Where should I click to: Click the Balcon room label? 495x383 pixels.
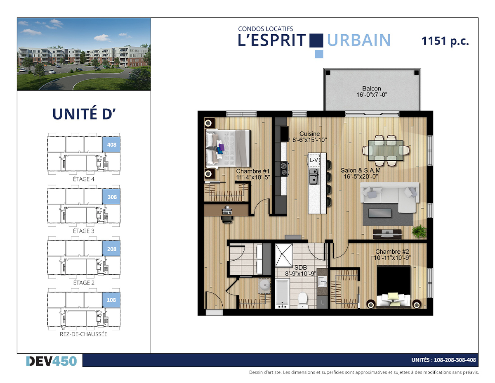[372, 88]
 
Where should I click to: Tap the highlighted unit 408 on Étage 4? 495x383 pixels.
[111, 144]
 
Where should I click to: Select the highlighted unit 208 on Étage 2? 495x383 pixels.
[111, 249]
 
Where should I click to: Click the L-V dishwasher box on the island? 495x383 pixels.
[313, 160]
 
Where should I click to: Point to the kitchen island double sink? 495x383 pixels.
[313, 176]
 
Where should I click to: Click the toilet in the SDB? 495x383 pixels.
[303, 300]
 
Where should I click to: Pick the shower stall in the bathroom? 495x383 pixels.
[284, 255]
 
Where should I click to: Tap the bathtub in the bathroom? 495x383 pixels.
[282, 294]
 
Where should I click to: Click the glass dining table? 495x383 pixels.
[385, 150]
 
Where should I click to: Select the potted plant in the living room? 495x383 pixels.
[419, 231]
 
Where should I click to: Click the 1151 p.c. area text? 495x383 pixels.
[445, 41]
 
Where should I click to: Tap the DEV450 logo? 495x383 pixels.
[52, 361]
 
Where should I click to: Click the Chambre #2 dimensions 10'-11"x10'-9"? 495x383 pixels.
[392, 258]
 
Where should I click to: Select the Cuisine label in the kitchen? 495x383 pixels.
[309, 134]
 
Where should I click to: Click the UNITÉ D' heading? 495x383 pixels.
[84, 114]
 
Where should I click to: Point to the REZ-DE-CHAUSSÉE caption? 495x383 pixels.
[84, 334]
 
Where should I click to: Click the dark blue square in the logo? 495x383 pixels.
[316, 40]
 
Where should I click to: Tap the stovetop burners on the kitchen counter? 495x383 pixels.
[284, 169]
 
